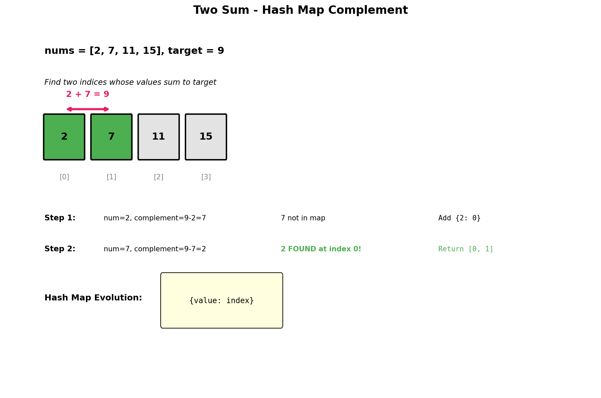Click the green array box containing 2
(64, 137)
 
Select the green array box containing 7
(111, 137)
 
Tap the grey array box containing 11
(159, 137)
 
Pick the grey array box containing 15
(206, 137)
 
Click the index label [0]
(64, 177)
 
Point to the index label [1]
(111, 177)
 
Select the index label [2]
(159, 177)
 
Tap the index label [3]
(206, 177)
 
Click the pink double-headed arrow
(88, 109)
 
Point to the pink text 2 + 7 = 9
(88, 95)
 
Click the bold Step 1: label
(60, 218)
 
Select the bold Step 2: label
(60, 249)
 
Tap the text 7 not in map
(303, 218)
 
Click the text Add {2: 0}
(459, 218)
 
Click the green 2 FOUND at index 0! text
(321, 249)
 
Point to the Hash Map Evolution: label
(93, 298)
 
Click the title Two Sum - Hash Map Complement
(300, 10)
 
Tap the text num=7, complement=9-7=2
(155, 249)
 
